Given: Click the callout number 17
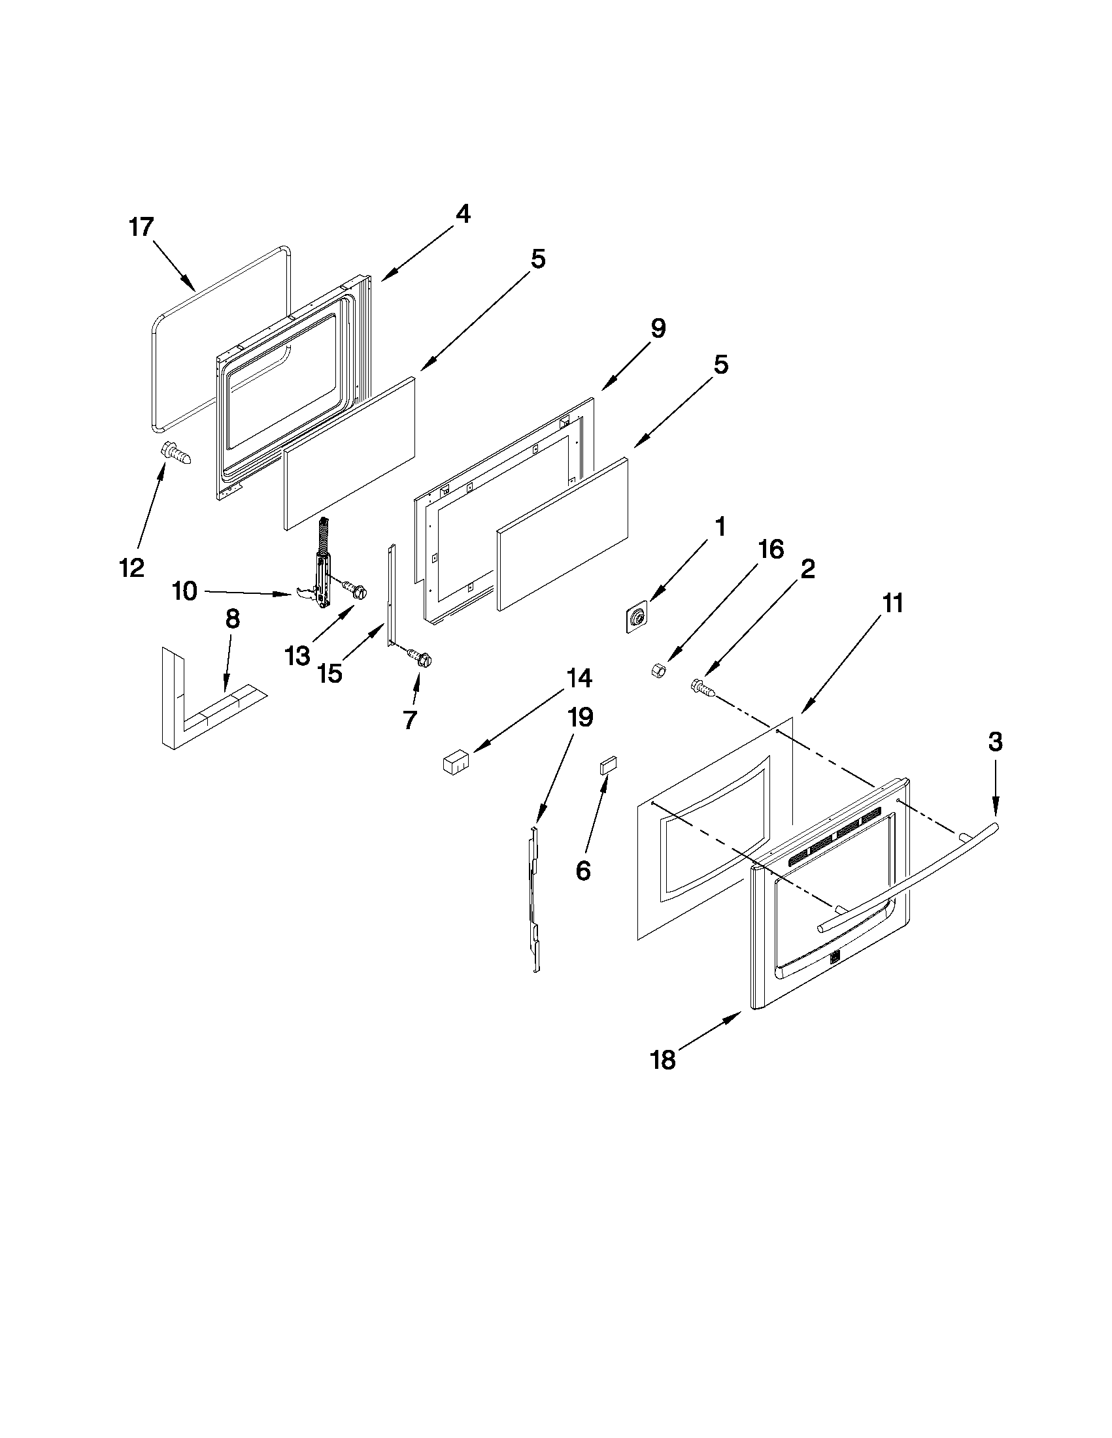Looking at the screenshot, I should click(141, 227).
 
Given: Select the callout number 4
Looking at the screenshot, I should click(463, 214).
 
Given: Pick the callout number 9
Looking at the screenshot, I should click(658, 328).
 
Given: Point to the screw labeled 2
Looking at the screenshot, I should click(701, 687).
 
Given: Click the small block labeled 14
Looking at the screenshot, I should click(454, 764).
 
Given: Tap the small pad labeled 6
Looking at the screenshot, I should click(607, 766).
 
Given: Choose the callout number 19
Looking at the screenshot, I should click(581, 717).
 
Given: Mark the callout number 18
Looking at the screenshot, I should click(663, 1060).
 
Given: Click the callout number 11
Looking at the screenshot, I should click(892, 603).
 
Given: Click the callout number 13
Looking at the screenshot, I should click(297, 656).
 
